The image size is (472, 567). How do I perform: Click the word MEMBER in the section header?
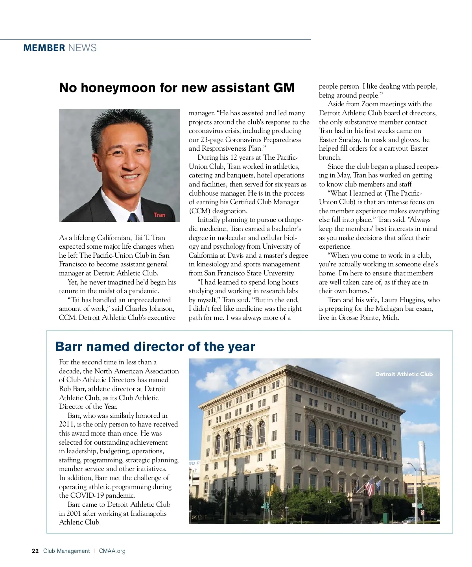[44, 48]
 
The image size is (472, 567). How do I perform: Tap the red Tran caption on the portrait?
[159, 215]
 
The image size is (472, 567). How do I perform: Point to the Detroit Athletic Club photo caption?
[404, 374]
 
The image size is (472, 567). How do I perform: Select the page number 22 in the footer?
[35, 551]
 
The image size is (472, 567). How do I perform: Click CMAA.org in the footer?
[112, 551]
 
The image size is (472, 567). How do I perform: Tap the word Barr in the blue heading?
[69, 347]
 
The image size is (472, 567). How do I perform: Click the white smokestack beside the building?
[422, 456]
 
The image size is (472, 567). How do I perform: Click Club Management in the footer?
[66, 551]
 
